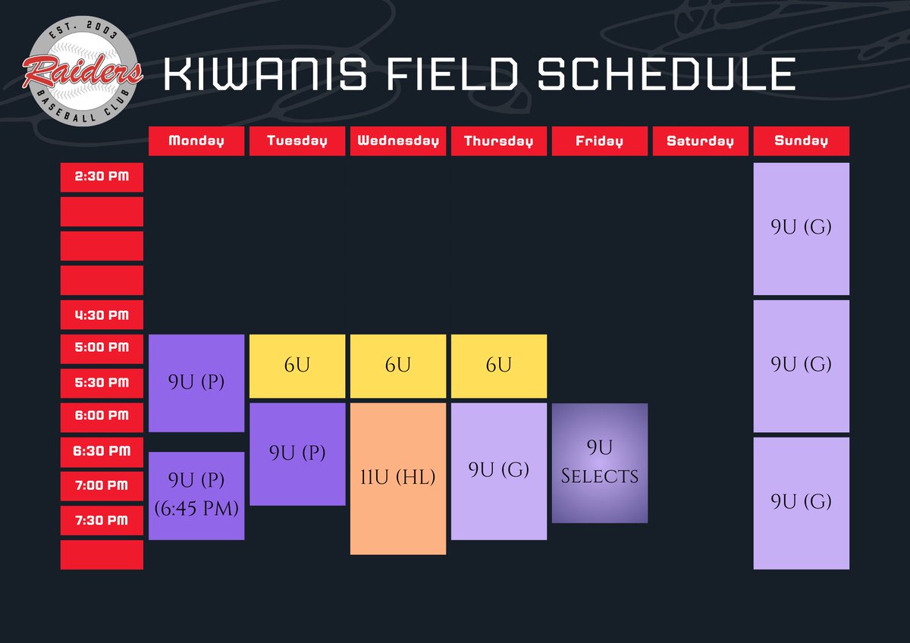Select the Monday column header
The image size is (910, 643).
pyautogui.click(x=196, y=141)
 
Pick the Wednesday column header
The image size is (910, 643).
pyautogui.click(x=398, y=141)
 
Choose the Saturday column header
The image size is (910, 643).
pyautogui.click(x=700, y=141)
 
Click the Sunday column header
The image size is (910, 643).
pyautogui.click(x=801, y=141)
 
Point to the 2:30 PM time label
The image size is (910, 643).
pyautogui.click(x=102, y=177)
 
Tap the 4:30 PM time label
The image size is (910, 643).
pyautogui.click(x=102, y=315)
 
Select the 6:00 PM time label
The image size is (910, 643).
pyautogui.click(x=102, y=416)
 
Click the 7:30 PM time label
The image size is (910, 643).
pyautogui.click(x=102, y=520)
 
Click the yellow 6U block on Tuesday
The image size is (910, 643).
pyautogui.click(x=297, y=365)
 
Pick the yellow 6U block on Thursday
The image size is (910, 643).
pyautogui.click(x=499, y=365)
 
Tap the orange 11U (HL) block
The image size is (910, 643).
pyautogui.click(x=398, y=478)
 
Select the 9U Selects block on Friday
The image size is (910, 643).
pyautogui.click(x=600, y=463)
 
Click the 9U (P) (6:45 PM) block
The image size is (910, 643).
pyautogui.click(x=196, y=496)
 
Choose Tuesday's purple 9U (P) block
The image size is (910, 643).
pyautogui.click(x=297, y=453)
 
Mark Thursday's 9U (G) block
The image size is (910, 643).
pyautogui.click(x=499, y=471)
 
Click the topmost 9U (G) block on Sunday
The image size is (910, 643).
pyautogui.click(x=801, y=228)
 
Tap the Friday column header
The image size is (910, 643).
pyautogui.click(x=600, y=141)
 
